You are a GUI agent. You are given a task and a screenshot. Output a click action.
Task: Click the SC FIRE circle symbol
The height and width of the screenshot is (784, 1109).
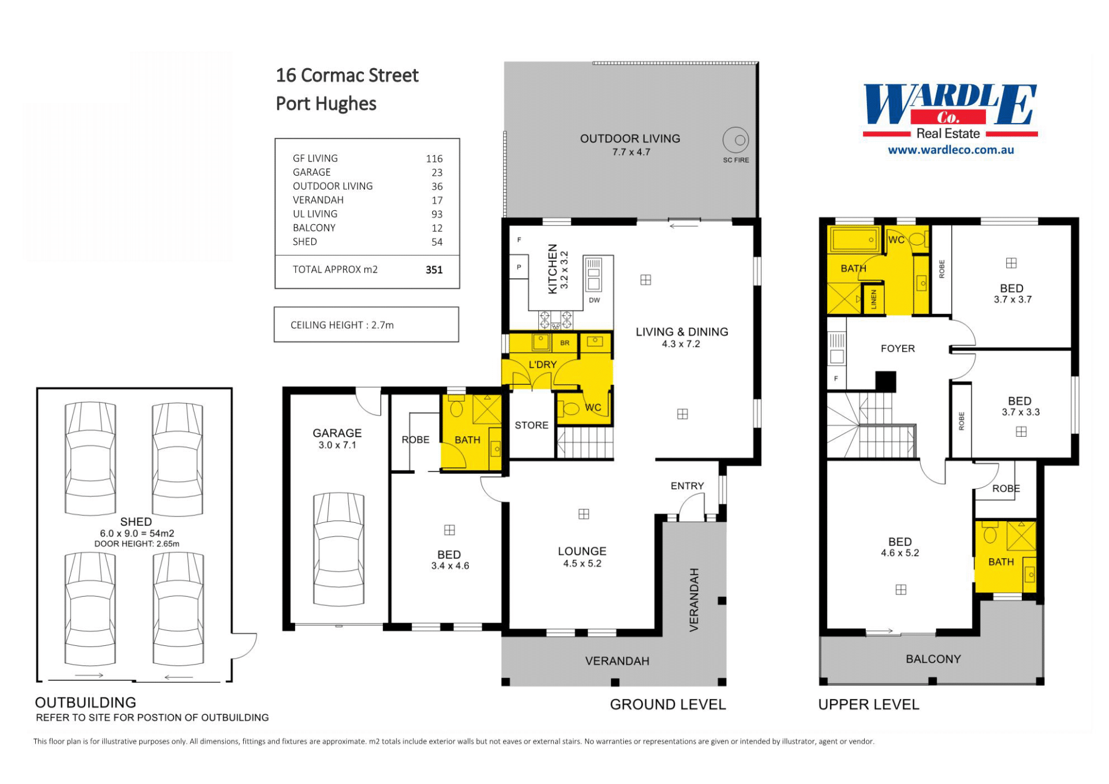click(735, 140)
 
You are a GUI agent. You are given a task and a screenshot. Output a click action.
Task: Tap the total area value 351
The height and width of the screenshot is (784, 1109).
click(434, 270)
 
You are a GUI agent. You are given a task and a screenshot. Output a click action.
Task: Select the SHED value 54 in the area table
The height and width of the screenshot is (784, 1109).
click(437, 242)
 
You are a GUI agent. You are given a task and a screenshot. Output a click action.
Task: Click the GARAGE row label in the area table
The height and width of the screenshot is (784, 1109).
click(312, 172)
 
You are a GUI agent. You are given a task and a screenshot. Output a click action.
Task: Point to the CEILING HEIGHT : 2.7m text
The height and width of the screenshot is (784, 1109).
click(342, 325)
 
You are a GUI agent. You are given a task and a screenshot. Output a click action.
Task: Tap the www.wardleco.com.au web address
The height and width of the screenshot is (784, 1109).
click(951, 150)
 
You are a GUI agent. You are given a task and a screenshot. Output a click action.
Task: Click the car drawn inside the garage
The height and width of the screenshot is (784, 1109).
click(339, 549)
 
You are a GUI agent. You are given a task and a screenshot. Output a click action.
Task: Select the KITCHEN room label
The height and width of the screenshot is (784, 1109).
click(553, 269)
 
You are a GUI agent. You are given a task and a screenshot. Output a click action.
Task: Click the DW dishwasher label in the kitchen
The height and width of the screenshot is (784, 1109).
click(594, 300)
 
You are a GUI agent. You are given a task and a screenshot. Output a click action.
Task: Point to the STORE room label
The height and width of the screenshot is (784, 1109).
click(531, 425)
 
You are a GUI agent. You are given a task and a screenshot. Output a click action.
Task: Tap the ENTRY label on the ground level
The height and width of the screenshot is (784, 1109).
click(687, 486)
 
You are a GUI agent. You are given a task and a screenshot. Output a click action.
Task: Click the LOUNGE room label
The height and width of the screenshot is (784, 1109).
click(582, 551)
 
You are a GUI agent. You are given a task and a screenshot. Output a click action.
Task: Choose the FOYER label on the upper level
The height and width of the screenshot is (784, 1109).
click(898, 348)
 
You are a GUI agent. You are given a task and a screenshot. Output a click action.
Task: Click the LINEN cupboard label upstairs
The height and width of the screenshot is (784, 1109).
click(873, 299)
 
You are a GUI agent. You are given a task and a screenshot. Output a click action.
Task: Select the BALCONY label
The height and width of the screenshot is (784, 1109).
click(933, 659)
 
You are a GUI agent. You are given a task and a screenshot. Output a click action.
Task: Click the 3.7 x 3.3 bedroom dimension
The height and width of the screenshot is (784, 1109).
click(1021, 412)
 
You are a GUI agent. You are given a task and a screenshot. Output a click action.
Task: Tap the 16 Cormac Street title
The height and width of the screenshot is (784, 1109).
click(347, 75)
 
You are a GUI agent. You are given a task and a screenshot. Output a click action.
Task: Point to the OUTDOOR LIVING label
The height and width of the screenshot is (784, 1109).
click(630, 139)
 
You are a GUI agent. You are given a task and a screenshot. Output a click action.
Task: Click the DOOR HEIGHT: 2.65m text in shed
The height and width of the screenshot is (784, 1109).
click(137, 544)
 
